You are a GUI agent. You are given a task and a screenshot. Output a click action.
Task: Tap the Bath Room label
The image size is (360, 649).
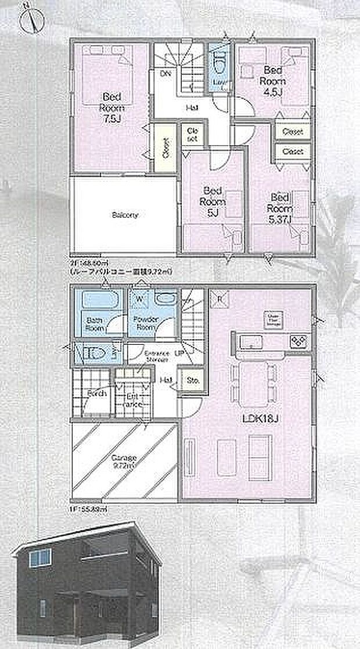(94, 323)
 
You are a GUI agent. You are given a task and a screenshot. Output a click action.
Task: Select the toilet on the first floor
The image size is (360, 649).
(93, 353)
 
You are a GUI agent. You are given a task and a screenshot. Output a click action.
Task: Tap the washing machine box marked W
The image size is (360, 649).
(139, 300)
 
